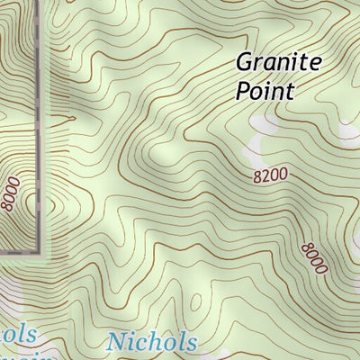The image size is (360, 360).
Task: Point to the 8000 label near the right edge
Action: click(x=314, y=258)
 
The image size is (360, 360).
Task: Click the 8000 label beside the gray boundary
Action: click(x=12, y=194)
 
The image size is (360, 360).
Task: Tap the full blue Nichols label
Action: click(x=151, y=342)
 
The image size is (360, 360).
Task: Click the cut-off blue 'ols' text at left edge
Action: click(x=18, y=335)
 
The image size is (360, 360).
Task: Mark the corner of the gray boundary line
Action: click(x=41, y=250)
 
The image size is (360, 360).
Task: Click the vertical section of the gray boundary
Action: click(x=41, y=126)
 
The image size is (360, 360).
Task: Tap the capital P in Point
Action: click(x=243, y=91)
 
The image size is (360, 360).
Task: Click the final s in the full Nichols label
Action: click(x=190, y=344)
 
